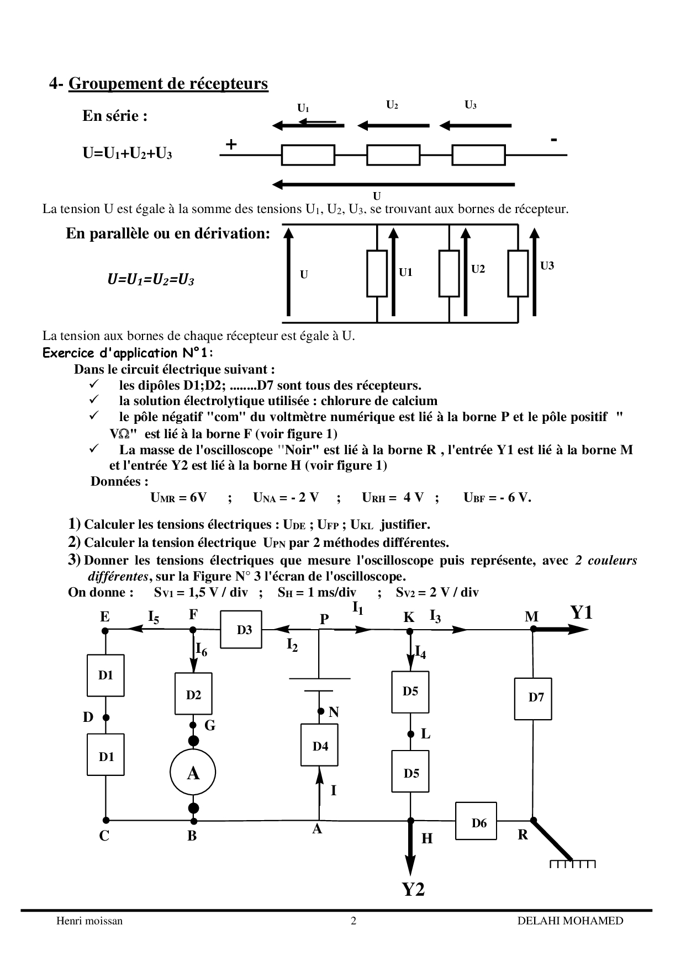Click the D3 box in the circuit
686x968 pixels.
pyautogui.click(x=241, y=629)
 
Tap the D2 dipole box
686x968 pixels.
pyautogui.click(x=193, y=695)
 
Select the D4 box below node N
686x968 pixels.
pyautogui.click(x=320, y=746)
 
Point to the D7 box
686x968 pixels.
pyautogui.click(x=534, y=698)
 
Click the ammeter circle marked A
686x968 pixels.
pyautogui.click(x=193, y=773)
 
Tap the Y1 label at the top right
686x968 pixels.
pyautogui.click(x=582, y=613)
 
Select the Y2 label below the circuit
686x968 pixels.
pyautogui.click(x=413, y=889)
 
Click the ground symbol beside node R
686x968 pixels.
pyautogui.click(x=573, y=863)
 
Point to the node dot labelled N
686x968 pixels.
pyautogui.click(x=320, y=712)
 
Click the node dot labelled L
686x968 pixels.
pyautogui.click(x=410, y=734)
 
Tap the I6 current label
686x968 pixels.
pyautogui.click(x=202, y=649)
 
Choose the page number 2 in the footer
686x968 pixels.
pyautogui.click(x=353, y=921)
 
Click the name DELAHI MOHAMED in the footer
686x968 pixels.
pyautogui.click(x=570, y=921)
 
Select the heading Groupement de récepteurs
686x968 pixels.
pyautogui.click(x=168, y=83)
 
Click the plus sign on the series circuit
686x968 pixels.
pyautogui.click(x=231, y=145)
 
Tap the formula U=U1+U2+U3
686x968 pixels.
pyautogui.click(x=128, y=153)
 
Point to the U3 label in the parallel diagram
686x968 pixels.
pyautogui.click(x=547, y=266)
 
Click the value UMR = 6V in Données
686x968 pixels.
pyautogui.click(x=178, y=497)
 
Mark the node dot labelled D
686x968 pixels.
pyautogui.click(x=105, y=717)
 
